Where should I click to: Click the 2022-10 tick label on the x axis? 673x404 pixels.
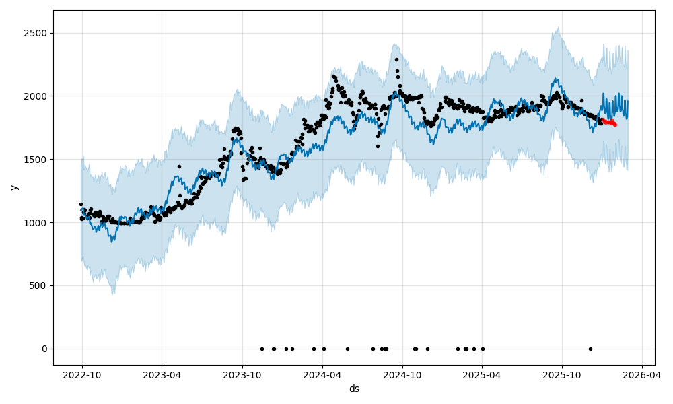(x=82, y=375)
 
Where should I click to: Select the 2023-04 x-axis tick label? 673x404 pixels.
(x=162, y=375)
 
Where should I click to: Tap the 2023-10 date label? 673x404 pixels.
(x=242, y=375)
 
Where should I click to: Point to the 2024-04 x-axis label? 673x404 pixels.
(x=322, y=375)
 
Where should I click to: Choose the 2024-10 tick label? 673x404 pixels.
(x=402, y=375)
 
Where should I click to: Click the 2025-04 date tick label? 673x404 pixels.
(x=483, y=375)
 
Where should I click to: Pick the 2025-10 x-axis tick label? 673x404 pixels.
(x=563, y=375)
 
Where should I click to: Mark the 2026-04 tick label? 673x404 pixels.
(x=642, y=375)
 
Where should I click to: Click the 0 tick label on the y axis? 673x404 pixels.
(x=44, y=349)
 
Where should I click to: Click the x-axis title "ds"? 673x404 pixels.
(x=354, y=389)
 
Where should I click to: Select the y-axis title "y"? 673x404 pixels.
(x=13, y=187)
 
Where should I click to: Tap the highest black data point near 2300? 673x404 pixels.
(x=396, y=59)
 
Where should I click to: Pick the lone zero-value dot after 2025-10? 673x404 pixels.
(x=590, y=349)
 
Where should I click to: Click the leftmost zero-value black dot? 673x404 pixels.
(x=262, y=349)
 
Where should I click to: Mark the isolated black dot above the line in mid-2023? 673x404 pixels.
(x=179, y=166)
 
